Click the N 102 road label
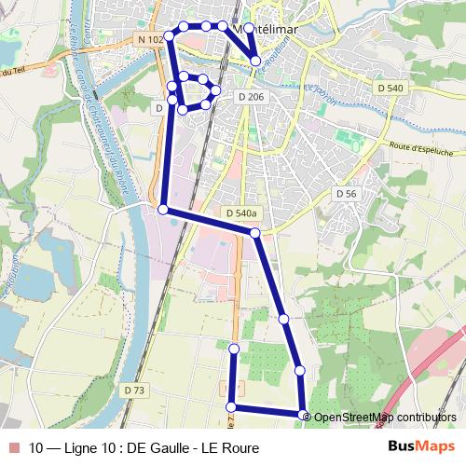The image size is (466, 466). pyautogui.click(x=149, y=39)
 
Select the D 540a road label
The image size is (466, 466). pyautogui.click(x=240, y=213)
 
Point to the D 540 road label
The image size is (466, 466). pyautogui.click(x=392, y=87)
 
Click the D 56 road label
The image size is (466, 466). pyautogui.click(x=346, y=193)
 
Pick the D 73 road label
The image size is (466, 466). pyautogui.click(x=135, y=390)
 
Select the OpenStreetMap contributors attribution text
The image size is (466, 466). pyautogui.click(x=385, y=417)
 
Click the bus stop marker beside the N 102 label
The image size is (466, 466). pyautogui.click(x=170, y=38)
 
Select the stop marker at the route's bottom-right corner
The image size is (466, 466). pyautogui.click(x=303, y=415)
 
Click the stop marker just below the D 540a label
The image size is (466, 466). pyautogui.click(x=255, y=231)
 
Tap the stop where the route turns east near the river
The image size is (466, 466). pyautogui.click(x=163, y=210)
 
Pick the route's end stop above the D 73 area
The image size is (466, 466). pyautogui.click(x=234, y=349)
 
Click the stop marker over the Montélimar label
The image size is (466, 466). pyautogui.click(x=249, y=29)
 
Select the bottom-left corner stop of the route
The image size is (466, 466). pyautogui.click(x=230, y=406)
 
